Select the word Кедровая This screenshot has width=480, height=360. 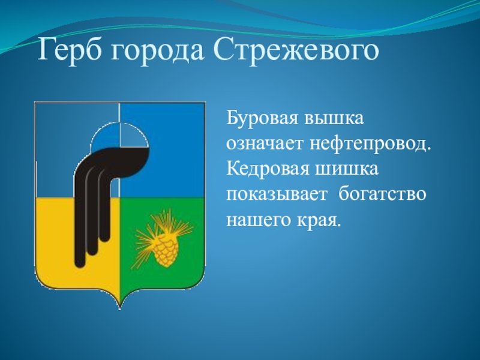click(x=268, y=169)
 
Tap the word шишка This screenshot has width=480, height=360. click(x=347, y=169)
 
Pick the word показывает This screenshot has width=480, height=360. click(x=277, y=194)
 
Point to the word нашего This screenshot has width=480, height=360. click(x=259, y=220)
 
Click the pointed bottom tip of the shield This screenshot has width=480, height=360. click(x=119, y=309)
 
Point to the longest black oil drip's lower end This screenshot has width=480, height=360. click(x=80, y=263)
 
